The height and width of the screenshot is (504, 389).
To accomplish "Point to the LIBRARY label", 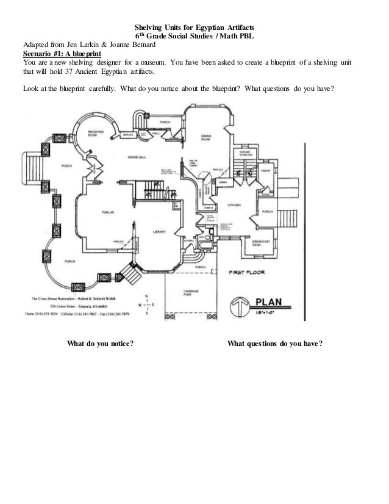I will (160, 232).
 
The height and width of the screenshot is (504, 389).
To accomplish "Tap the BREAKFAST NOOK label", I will (262, 243).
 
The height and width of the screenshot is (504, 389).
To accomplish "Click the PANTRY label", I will (265, 171).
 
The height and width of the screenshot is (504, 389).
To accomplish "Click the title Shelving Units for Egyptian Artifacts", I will (194, 27).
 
